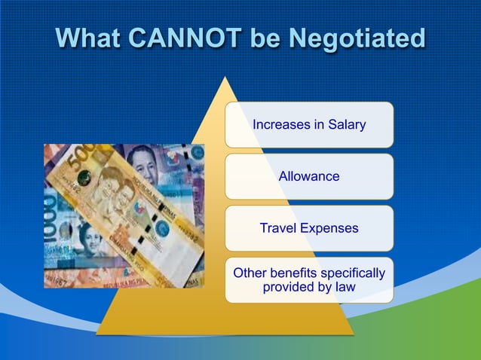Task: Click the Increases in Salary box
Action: pos(309,125)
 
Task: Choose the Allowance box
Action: pos(309,177)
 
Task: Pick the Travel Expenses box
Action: pos(309,228)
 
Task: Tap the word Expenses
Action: pos(328,228)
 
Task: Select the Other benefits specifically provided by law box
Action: pos(309,280)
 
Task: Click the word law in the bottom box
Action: pos(345,288)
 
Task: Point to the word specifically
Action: pos(350,273)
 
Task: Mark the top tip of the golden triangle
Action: pos(225,78)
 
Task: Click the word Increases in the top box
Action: pos(280,125)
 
